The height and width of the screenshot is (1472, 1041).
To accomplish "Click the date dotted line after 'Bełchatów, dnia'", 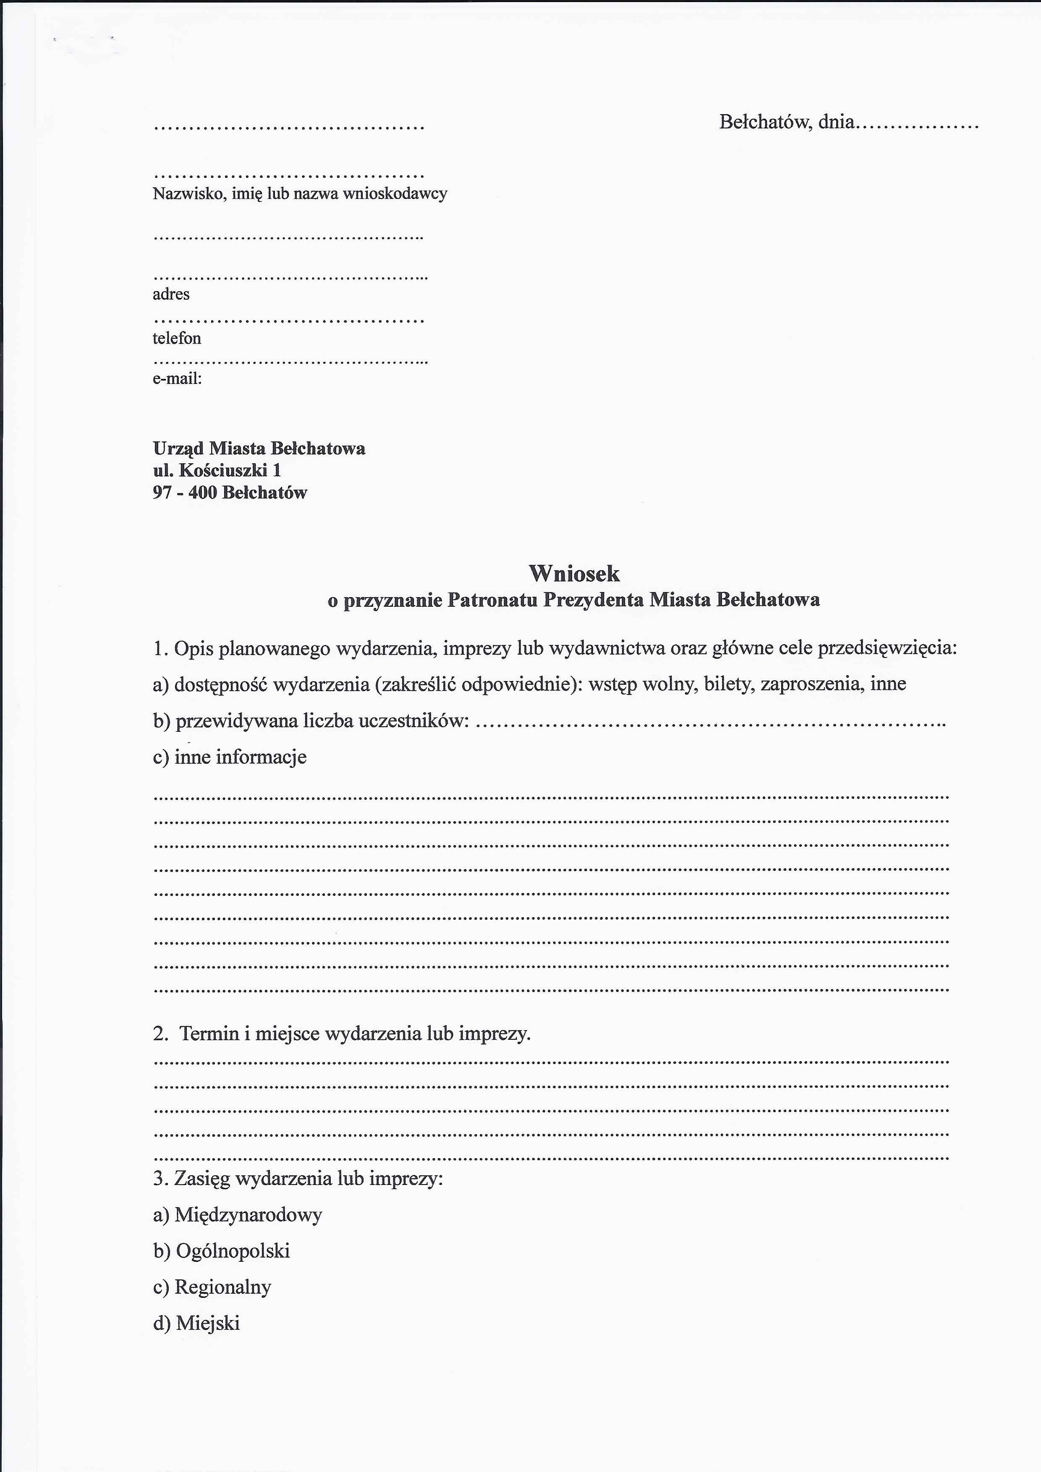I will point(917,125).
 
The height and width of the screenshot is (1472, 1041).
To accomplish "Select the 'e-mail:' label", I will point(177,378).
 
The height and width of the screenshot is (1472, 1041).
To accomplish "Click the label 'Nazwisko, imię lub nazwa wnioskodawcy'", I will point(300,193).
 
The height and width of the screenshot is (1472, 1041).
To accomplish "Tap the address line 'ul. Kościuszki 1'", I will point(217,470).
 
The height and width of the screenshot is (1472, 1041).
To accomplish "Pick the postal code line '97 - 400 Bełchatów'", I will point(230,492).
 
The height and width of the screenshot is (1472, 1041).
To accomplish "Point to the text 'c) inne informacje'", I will point(230,757).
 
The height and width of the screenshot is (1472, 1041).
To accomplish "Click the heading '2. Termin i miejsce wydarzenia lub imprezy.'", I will point(342,1034).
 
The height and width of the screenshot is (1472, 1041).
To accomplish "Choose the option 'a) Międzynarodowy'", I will point(237,1214).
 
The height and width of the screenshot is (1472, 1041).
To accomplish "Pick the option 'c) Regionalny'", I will point(212,1287).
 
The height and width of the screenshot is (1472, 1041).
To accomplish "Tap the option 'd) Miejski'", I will point(196,1323).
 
